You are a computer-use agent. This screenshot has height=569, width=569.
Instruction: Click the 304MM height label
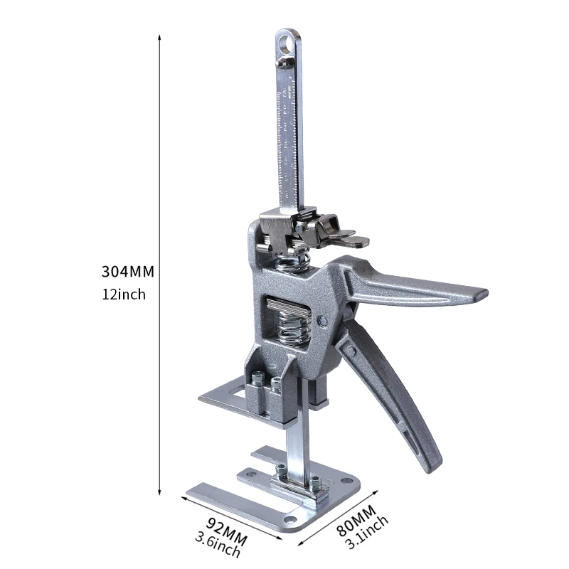(128, 271)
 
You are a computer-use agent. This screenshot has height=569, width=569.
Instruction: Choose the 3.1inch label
(367, 533)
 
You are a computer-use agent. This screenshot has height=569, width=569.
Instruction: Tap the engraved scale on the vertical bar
(288, 135)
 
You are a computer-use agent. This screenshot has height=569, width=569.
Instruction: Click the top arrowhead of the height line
(159, 35)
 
